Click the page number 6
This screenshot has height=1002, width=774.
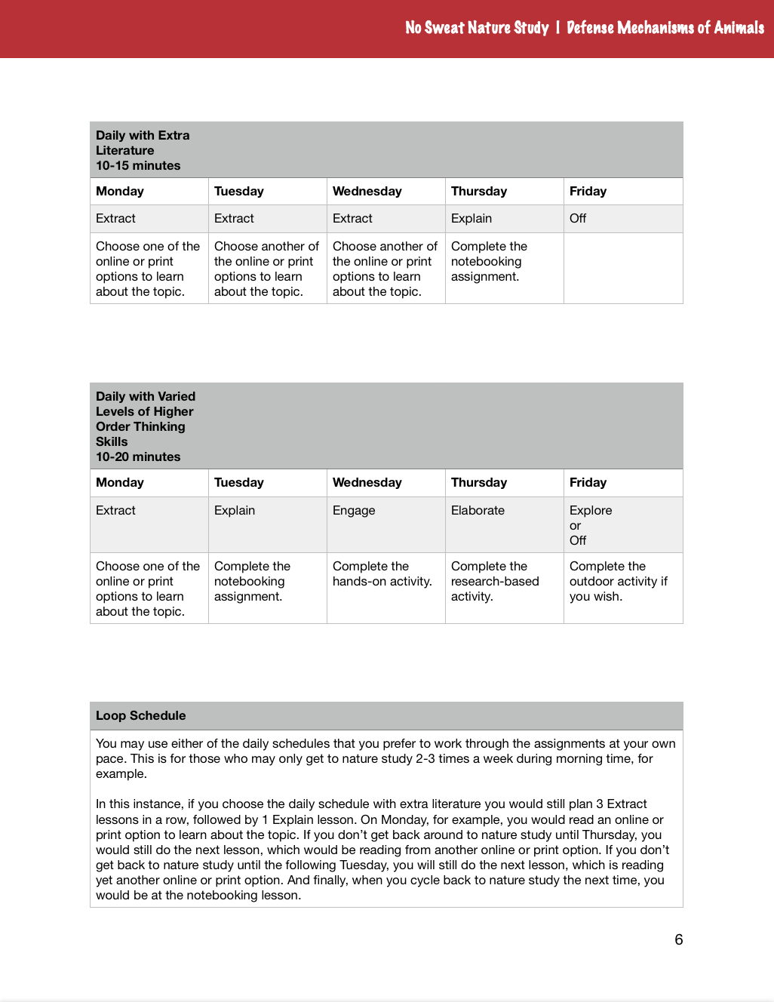pyautogui.click(x=678, y=939)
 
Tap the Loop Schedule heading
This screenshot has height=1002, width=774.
pyautogui.click(x=140, y=715)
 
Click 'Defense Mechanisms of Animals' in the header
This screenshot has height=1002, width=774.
pyautogui.click(x=665, y=28)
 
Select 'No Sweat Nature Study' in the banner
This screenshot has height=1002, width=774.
pyautogui.click(x=477, y=28)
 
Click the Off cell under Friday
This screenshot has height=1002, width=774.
pyautogui.click(x=578, y=219)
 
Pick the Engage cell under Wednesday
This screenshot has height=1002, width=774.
pyautogui.click(x=354, y=511)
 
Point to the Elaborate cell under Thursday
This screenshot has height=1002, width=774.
pyautogui.click(x=478, y=511)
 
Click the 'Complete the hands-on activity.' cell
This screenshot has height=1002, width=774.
pyautogui.click(x=382, y=574)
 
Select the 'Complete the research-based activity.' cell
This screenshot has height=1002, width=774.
pyautogui.click(x=495, y=582)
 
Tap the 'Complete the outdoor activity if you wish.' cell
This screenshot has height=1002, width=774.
pyautogui.click(x=618, y=582)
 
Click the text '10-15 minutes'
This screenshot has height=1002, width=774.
pyautogui.click(x=138, y=166)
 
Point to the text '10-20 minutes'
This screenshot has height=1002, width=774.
pyautogui.click(x=138, y=457)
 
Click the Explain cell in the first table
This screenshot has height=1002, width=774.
pyautogui.click(x=471, y=219)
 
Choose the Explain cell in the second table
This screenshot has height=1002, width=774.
pyautogui.click(x=235, y=511)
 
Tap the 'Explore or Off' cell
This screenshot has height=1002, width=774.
pyautogui.click(x=591, y=525)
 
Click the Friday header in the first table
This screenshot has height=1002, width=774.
pyautogui.click(x=588, y=192)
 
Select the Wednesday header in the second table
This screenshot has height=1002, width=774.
pyautogui.click(x=367, y=483)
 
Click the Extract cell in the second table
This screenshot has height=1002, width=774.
pyautogui.click(x=115, y=511)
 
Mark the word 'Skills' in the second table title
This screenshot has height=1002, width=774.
pyautogui.click(x=112, y=442)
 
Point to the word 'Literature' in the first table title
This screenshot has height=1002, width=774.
pyautogui.click(x=124, y=151)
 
